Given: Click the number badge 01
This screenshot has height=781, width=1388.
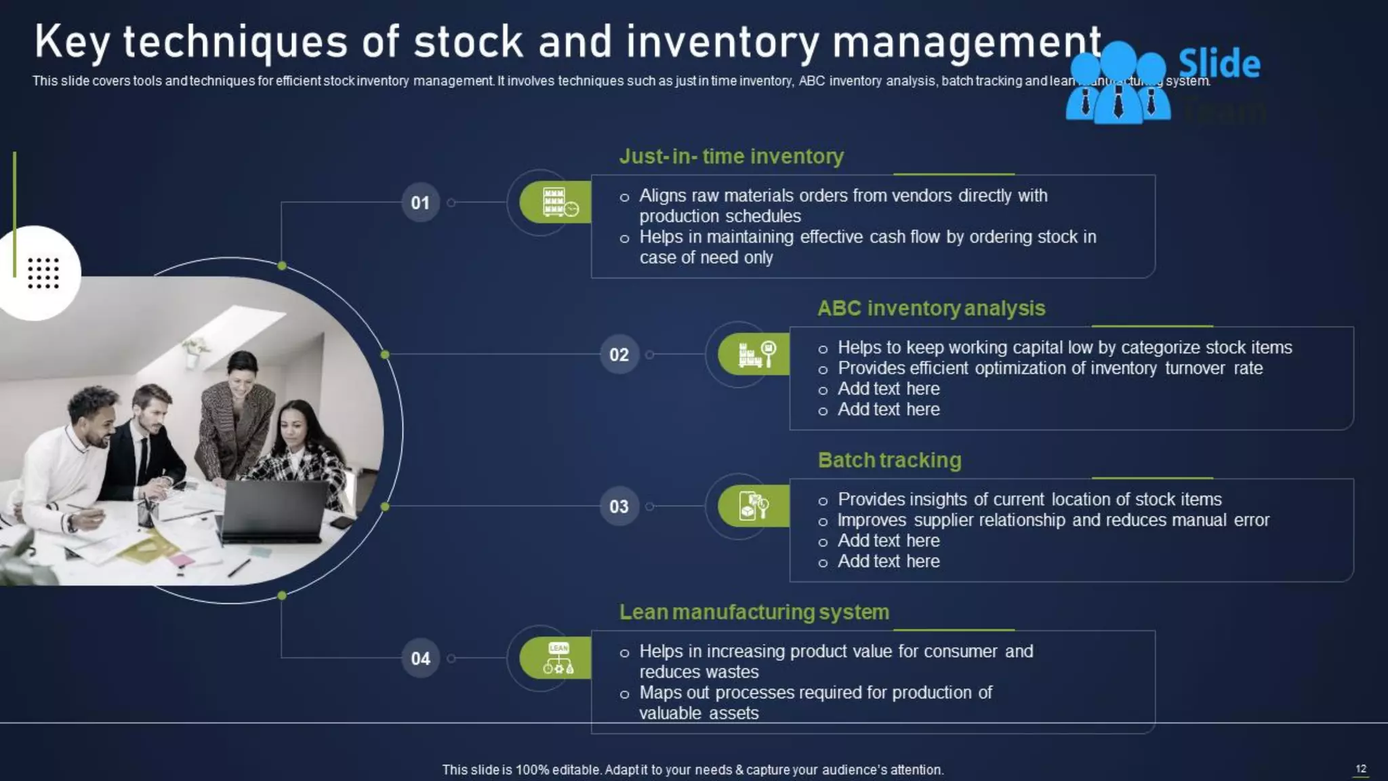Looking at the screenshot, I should coord(420,203).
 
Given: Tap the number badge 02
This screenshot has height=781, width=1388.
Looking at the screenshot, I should coord(619,355).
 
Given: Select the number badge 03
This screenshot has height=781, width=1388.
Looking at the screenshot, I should coord(619,506).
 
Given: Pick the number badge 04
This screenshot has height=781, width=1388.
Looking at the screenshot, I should coord(420,658).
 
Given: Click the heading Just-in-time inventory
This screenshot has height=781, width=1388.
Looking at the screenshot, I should coord(731,157).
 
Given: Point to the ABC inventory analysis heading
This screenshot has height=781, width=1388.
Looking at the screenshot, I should coord(931,308).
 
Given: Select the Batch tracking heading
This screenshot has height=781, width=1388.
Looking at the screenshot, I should coord(889,460).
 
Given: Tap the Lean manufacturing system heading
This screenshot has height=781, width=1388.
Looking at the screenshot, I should coord(754,612).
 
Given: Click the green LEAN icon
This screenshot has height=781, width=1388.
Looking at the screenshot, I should coord(558,658).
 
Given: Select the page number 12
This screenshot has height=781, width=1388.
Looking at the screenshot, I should coord(1360,769).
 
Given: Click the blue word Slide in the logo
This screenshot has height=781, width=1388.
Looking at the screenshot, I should coord(1219,64).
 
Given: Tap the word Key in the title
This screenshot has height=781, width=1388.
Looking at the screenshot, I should coord(72,42).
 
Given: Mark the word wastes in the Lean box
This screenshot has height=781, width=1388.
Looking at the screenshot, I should coord(733,672).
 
